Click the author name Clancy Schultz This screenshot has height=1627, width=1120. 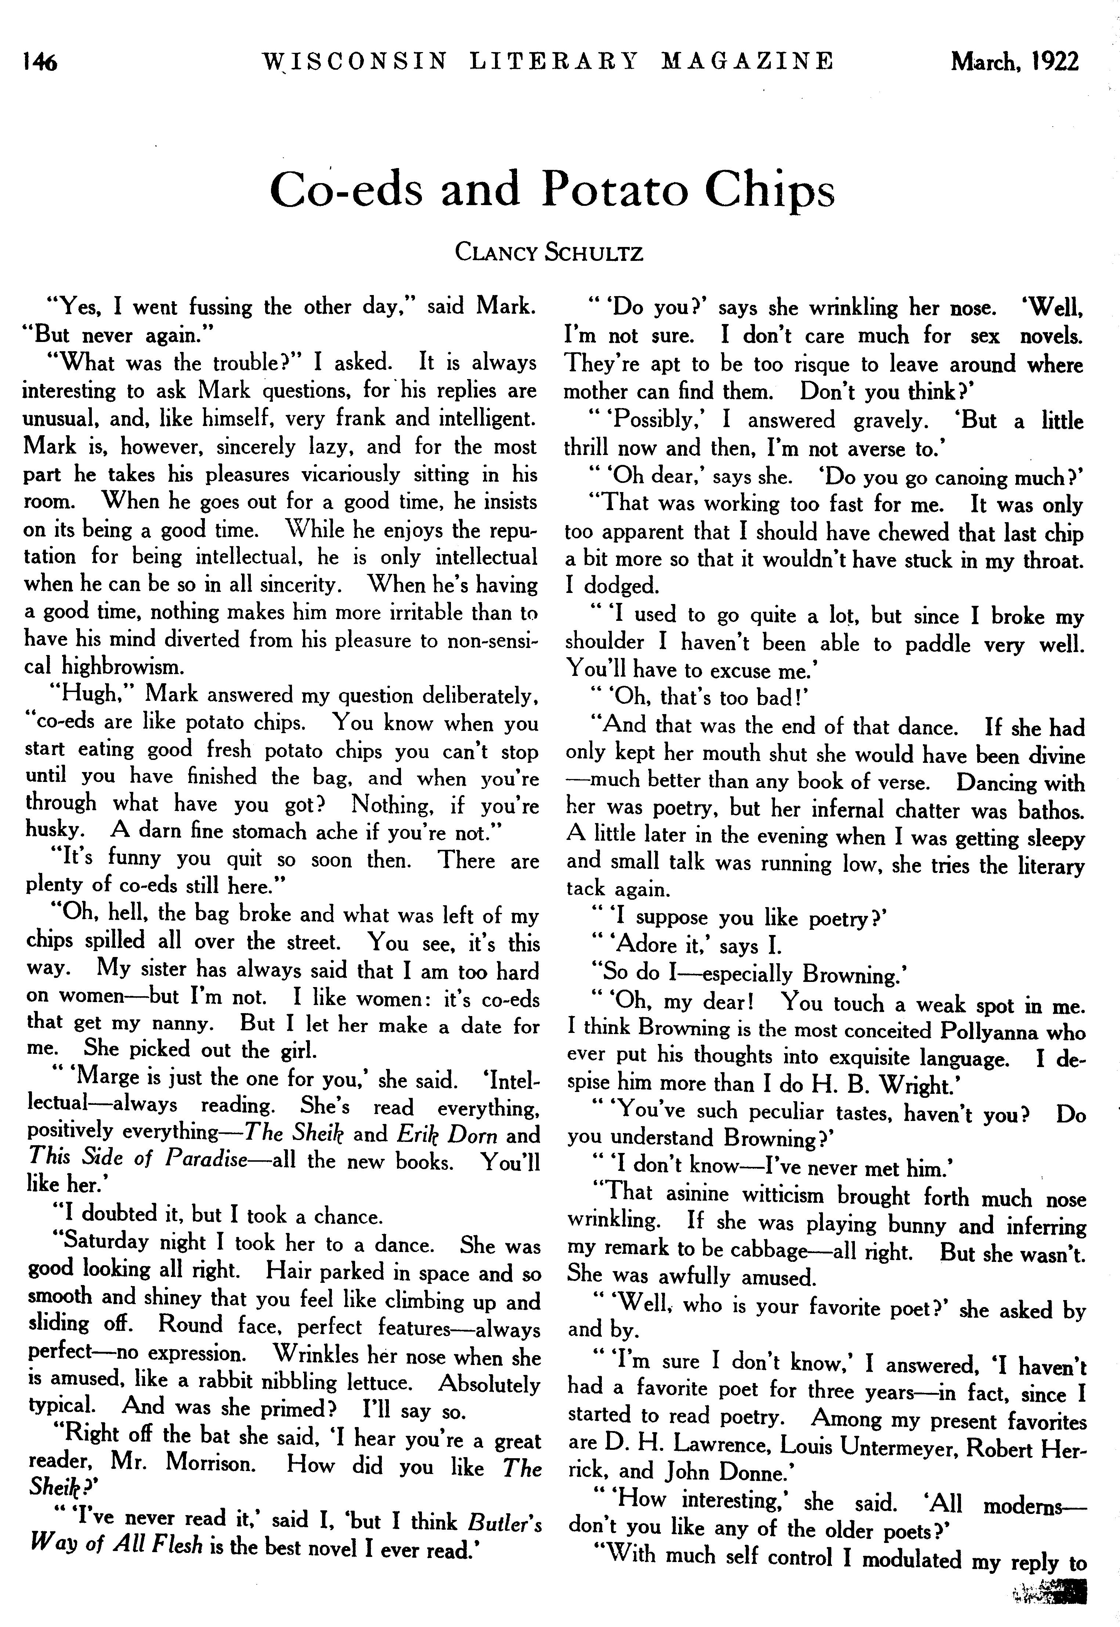click(549, 252)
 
